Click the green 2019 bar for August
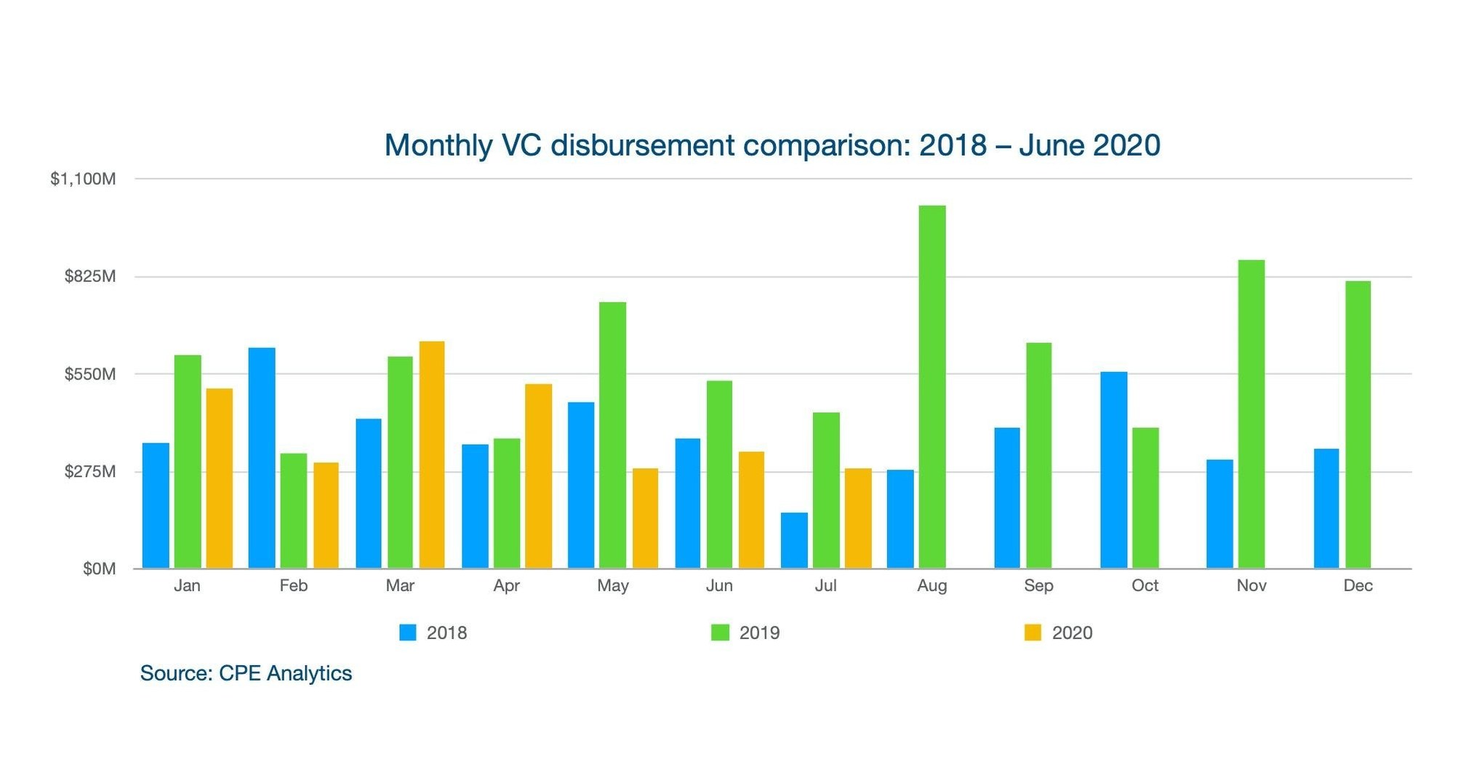tap(932, 387)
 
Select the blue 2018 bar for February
tap(262, 458)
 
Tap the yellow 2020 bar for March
tap(432, 454)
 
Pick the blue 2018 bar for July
tap(794, 540)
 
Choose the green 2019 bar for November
tap(1251, 414)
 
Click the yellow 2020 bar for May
tap(645, 518)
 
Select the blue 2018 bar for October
tap(1113, 470)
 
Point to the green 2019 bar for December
tap(1358, 425)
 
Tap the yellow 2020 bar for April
tap(539, 476)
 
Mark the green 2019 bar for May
tap(612, 435)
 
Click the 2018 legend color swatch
tap(408, 632)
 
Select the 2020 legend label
tap(1072, 633)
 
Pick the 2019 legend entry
tap(746, 633)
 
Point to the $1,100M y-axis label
tap(83, 179)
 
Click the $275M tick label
tap(90, 472)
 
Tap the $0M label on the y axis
tap(99, 569)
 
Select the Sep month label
tap(1038, 586)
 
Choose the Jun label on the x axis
tap(719, 586)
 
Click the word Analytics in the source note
tap(309, 673)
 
